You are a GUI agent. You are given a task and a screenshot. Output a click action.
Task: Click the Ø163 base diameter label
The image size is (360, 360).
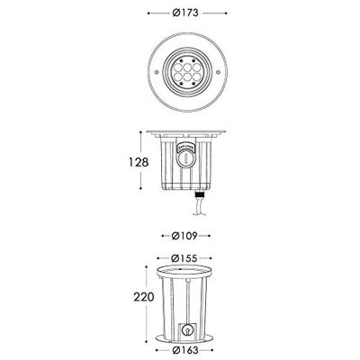pos(186,350)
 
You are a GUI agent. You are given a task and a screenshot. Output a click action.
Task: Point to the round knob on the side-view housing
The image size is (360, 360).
pos(186,160)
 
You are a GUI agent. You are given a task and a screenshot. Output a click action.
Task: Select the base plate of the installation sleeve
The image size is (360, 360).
pos(186,338)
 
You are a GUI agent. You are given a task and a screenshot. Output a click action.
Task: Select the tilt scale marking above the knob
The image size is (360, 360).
pos(186,145)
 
